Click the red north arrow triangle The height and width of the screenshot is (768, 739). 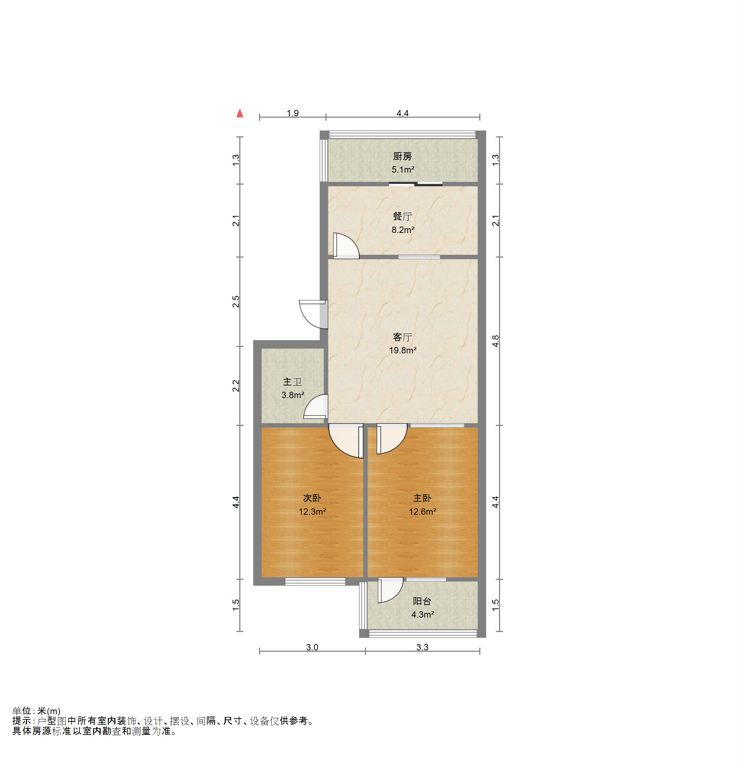[240, 114]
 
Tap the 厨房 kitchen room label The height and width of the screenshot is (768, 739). [402, 157]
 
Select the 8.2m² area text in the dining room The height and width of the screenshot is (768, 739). [403, 230]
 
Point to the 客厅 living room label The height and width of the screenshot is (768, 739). [402, 337]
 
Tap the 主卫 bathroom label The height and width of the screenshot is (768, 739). [292, 382]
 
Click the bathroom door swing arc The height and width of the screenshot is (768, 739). [315, 407]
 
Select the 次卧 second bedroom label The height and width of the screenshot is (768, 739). [312, 498]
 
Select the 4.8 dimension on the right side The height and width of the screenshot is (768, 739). [495, 341]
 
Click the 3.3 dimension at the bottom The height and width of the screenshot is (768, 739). [422, 647]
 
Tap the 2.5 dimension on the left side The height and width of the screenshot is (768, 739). [236, 301]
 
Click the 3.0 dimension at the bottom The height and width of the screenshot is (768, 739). [312, 647]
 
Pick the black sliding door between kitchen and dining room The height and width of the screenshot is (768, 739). [415, 184]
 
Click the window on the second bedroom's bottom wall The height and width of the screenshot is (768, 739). [315, 582]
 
